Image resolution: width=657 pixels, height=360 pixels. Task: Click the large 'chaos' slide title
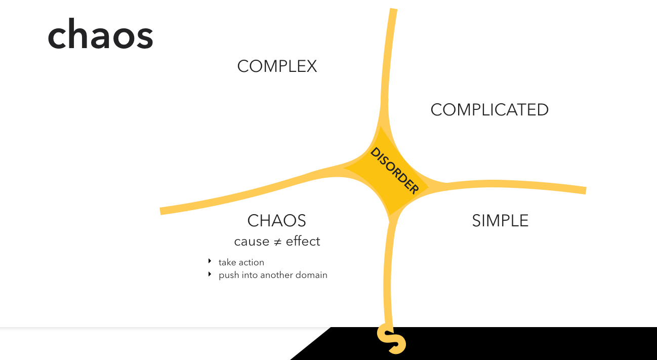pos(100,35)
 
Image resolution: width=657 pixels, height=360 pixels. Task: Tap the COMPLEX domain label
pos(277,66)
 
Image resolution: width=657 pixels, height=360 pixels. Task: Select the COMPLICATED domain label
pos(489,110)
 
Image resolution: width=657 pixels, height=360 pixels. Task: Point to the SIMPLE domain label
pos(500,221)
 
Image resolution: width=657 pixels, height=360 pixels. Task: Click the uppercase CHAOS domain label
pos(276,221)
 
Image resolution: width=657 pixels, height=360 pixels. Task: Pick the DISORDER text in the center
pos(394,171)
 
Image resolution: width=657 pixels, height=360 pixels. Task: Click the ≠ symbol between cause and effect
pos(277,242)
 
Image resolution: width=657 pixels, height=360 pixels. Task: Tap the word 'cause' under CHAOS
pos(252,242)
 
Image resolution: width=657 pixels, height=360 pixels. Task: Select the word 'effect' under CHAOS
pos(303,242)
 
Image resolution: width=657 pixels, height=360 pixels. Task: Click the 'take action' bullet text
pos(241,262)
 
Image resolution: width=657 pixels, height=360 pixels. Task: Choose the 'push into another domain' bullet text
pos(273,275)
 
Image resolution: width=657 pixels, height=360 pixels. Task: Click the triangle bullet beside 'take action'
pos(210,261)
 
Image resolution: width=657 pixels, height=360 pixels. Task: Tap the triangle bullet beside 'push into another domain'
pos(210,274)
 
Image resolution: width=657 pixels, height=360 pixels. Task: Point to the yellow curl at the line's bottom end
pos(391,340)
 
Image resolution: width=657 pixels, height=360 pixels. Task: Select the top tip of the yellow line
pos(393,11)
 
